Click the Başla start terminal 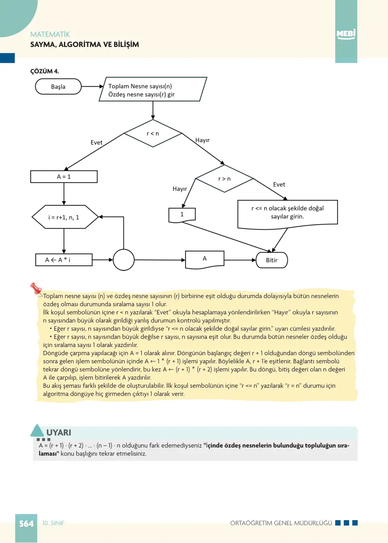point(58,87)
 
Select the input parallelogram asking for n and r point(153,89)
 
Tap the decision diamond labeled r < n point(153,134)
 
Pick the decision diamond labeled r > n point(224,179)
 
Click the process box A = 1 point(64,177)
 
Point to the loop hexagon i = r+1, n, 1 point(65,217)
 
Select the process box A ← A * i point(64,260)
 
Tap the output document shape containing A point(205,260)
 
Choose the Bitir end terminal point(272,260)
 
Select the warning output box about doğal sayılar point(288,214)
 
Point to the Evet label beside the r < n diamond point(97,142)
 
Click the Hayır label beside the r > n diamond point(180,189)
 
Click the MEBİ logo point(346,34)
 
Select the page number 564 point(26,524)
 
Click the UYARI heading point(59,432)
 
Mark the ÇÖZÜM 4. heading point(45,71)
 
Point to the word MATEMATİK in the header point(50,35)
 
